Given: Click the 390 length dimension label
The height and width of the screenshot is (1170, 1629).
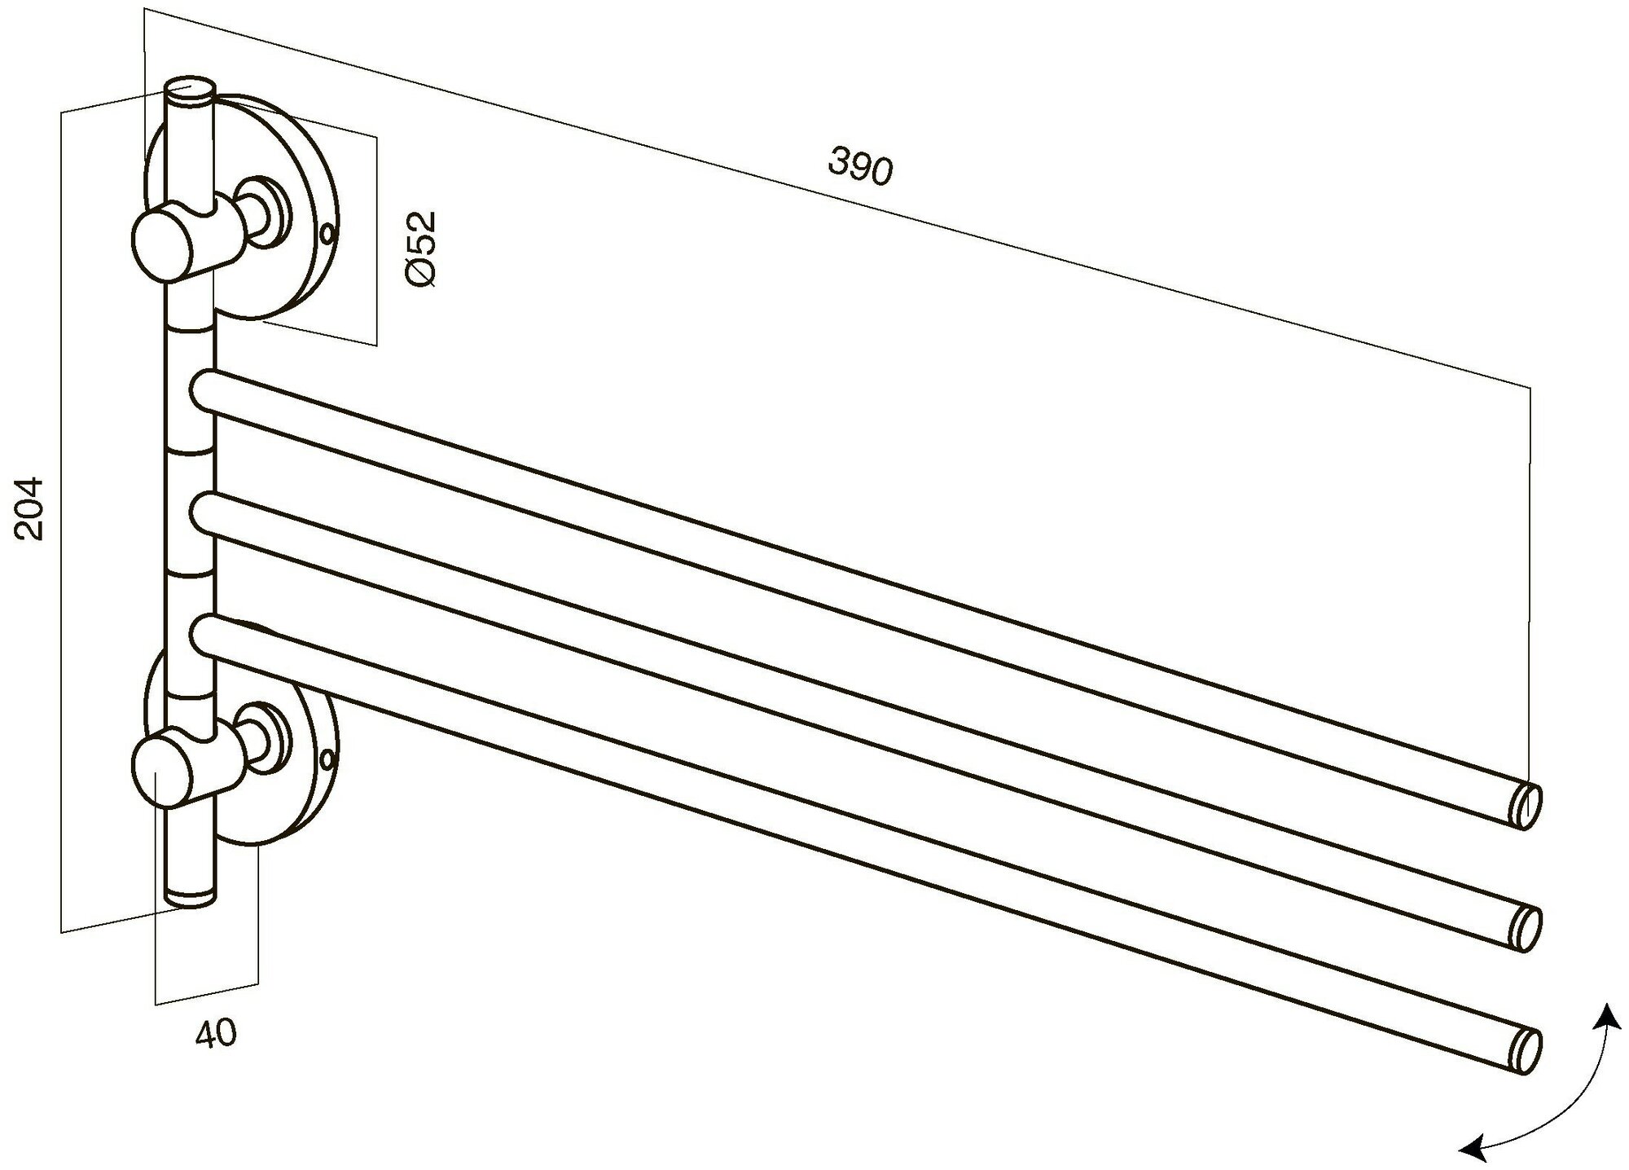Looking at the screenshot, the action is pyautogui.click(x=860, y=167).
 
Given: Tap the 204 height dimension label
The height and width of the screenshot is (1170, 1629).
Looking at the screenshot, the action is pyautogui.click(x=31, y=509).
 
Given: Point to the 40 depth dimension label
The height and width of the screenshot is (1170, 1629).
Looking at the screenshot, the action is pyautogui.click(x=216, y=1033).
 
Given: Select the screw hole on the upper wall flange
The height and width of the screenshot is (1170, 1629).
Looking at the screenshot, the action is pyautogui.click(x=327, y=235).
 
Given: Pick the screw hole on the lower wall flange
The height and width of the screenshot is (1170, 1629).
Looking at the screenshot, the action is pyautogui.click(x=327, y=760).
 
